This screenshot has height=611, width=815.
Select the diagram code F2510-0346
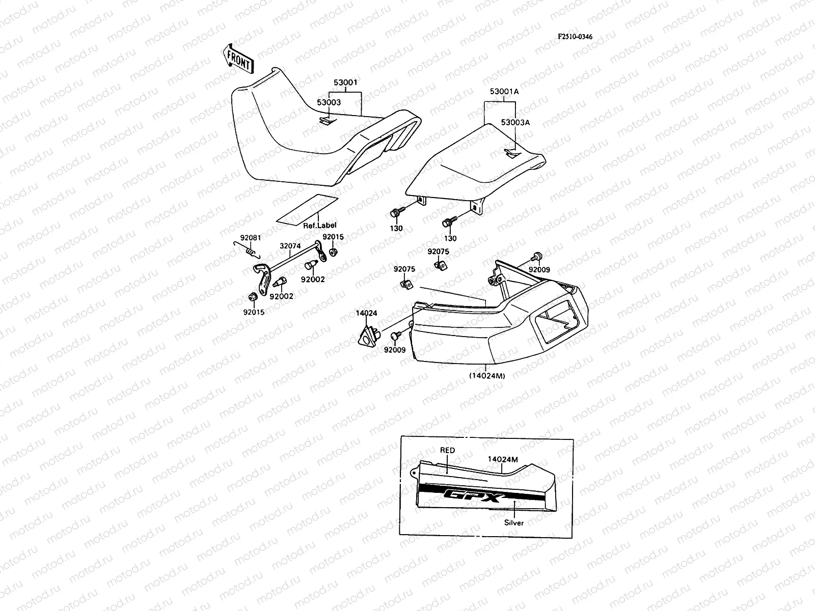tap(575, 37)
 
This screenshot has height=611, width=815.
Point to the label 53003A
tap(515, 123)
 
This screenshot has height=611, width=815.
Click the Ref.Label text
tap(319, 225)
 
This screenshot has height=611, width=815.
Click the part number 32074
tap(290, 245)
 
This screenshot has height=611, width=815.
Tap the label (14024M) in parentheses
tap(486, 376)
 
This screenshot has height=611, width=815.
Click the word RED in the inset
tap(447, 450)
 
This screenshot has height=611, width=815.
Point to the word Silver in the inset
tap(513, 522)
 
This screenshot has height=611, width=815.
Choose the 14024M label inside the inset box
tap(503, 459)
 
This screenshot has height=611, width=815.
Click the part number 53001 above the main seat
tap(345, 82)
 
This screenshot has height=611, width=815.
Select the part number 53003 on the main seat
tap(329, 102)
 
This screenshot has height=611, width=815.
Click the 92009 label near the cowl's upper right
tap(539, 270)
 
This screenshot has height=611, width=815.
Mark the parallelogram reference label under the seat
tap(307, 209)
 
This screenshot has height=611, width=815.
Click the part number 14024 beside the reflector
tap(367, 314)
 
